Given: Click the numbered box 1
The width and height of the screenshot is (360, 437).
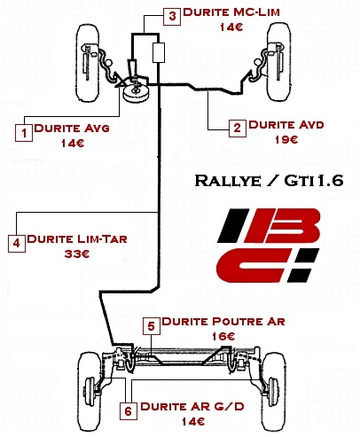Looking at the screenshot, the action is (24, 133).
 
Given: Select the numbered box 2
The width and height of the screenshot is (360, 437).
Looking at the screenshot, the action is (238, 129).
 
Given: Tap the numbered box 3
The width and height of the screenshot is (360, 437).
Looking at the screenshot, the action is (172, 16).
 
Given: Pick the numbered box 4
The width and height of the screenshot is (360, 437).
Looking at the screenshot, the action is (17, 243).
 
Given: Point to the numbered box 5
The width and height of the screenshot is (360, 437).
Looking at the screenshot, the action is (152, 326).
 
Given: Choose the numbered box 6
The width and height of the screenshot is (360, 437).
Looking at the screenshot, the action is (129, 411).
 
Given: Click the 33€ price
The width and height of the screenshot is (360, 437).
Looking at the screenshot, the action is (77, 254).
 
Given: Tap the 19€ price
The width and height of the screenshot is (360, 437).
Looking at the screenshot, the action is (286, 140).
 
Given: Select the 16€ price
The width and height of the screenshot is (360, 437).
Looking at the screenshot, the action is (223, 337).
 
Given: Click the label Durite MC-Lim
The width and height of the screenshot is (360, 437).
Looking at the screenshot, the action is (231, 12).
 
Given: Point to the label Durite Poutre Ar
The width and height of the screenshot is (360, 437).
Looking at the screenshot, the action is (223, 322).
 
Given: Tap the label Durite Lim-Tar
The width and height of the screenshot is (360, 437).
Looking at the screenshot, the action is (77, 238).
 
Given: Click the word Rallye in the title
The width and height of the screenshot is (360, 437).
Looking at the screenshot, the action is (228, 180).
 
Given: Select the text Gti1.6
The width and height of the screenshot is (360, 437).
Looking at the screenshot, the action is (314, 180).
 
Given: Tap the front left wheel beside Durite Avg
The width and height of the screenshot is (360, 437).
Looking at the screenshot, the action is (88, 63).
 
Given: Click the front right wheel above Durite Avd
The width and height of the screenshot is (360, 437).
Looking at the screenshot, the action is (278, 62).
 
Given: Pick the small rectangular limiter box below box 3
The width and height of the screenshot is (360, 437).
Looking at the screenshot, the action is (159, 52).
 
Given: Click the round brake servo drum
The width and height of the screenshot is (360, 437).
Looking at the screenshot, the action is (136, 92).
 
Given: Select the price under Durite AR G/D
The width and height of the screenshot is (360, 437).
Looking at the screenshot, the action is (193, 422).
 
